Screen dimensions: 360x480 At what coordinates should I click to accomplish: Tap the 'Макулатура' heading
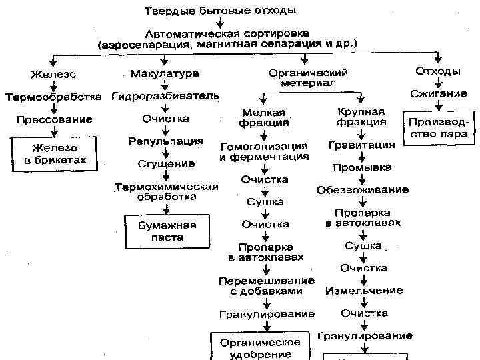pos(165,73)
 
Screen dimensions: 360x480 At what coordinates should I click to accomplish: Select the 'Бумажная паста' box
pos(161,231)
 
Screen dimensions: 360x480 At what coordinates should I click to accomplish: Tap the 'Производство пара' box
pos(437,129)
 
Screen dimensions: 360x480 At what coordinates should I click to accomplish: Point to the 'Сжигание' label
pos(438,94)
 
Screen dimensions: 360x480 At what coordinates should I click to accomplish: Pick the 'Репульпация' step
pos(165,141)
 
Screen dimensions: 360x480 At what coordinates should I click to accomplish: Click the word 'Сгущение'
pos(167,163)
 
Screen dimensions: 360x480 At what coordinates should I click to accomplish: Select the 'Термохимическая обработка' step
pos(167,191)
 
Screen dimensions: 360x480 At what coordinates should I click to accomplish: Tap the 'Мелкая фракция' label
pos(264,117)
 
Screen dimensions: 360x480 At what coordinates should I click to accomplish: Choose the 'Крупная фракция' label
pos(361,117)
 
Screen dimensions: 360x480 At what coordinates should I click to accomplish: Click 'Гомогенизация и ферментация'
pos(264,151)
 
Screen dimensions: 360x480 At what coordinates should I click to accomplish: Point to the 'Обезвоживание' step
pos(363,190)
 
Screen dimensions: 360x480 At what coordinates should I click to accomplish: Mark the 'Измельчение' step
pos(363,291)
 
